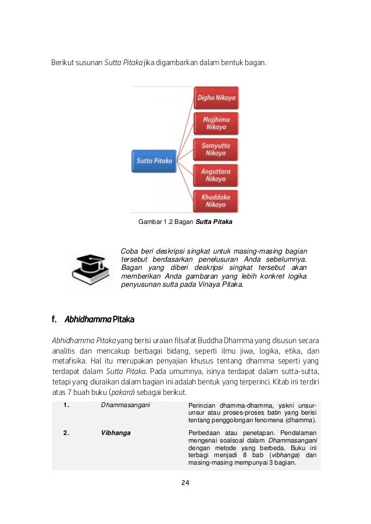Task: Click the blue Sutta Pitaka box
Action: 154,161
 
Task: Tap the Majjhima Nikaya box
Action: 216,123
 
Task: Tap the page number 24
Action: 185,483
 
